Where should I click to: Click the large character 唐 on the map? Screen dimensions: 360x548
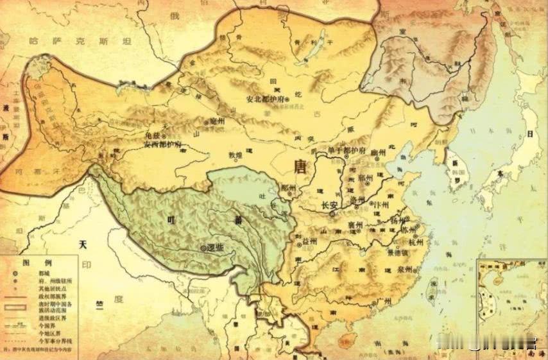pos(300,167)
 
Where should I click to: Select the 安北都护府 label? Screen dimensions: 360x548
pos(268,99)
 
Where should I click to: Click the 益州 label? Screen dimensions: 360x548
pos(309,241)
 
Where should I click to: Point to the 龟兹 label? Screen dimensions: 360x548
pos(154,136)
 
